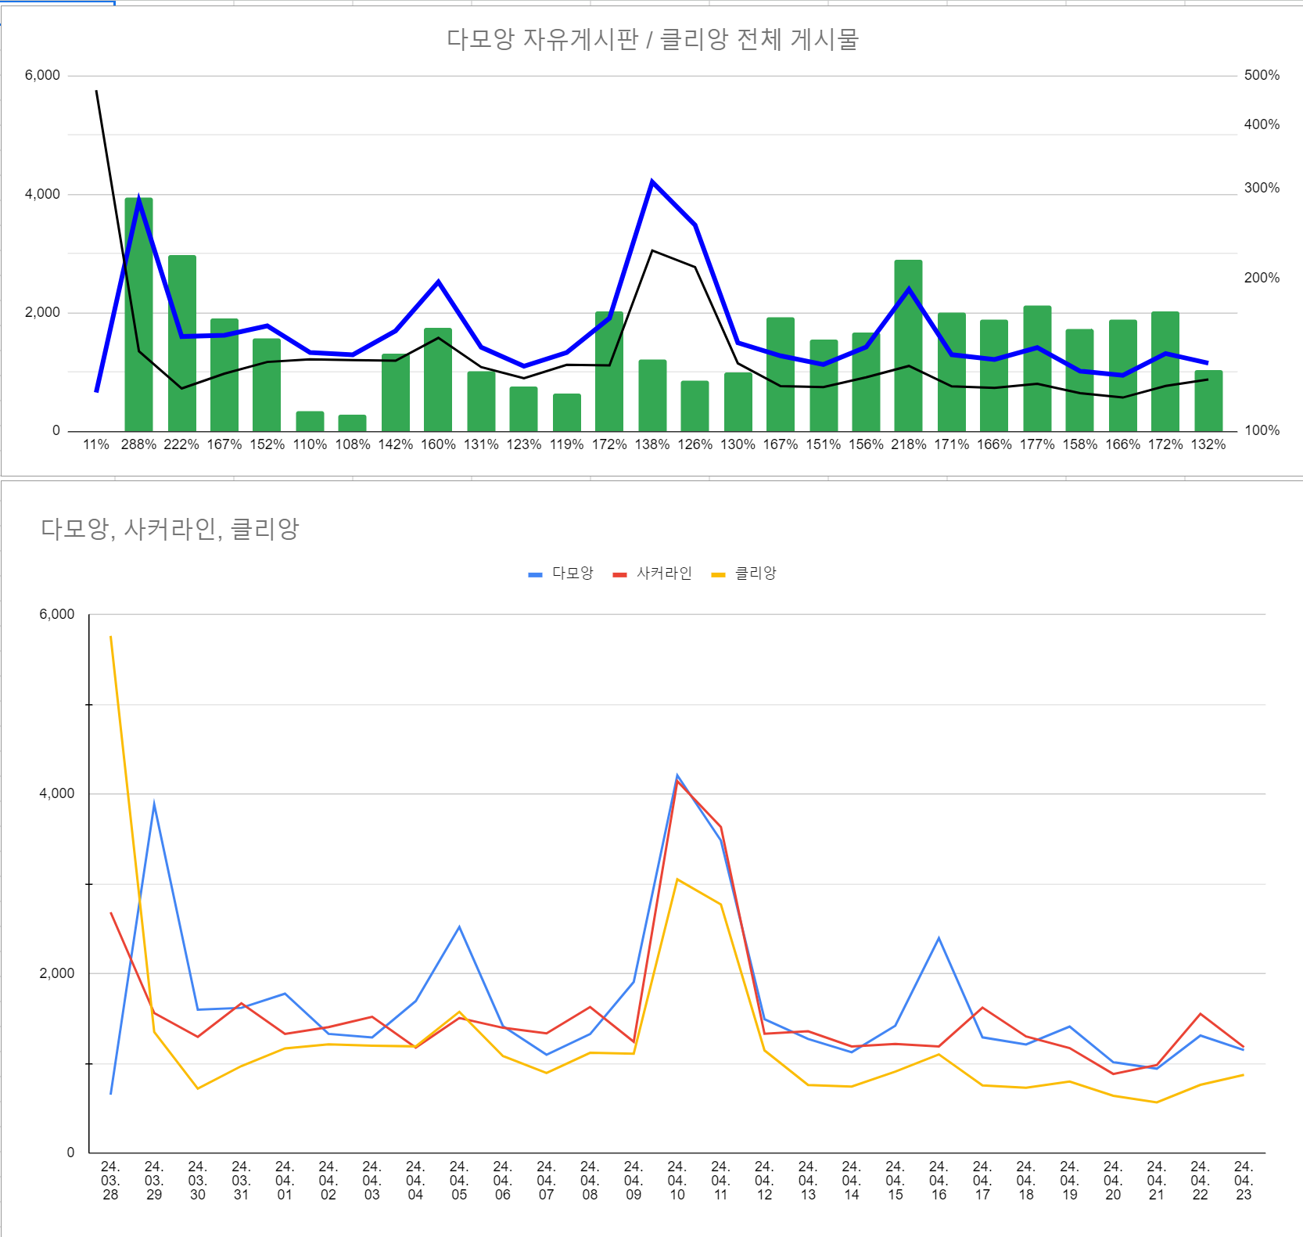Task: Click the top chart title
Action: pos(652,39)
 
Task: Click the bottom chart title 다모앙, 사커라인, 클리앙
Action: pos(170,529)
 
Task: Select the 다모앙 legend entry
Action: pos(561,574)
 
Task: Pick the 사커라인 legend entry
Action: pos(652,574)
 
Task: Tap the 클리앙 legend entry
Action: pos(744,574)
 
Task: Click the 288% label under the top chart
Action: pos(138,444)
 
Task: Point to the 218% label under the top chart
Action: pos(909,444)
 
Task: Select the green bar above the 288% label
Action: pos(138,315)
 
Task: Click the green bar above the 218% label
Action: pos(909,346)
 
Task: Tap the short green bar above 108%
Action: pos(352,423)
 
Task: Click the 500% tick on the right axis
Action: pos(1262,75)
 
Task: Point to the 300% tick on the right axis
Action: pos(1262,188)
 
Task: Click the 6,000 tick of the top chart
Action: pos(42,75)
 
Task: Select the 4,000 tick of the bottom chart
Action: pos(57,793)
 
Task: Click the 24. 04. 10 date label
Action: pos(677,1181)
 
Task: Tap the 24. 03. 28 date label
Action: pos(110,1181)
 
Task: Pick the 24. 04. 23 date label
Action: pos(1244,1181)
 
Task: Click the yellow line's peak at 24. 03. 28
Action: pos(111,637)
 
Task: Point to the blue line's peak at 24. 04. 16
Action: pos(939,938)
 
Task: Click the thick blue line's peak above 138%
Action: pos(652,182)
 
